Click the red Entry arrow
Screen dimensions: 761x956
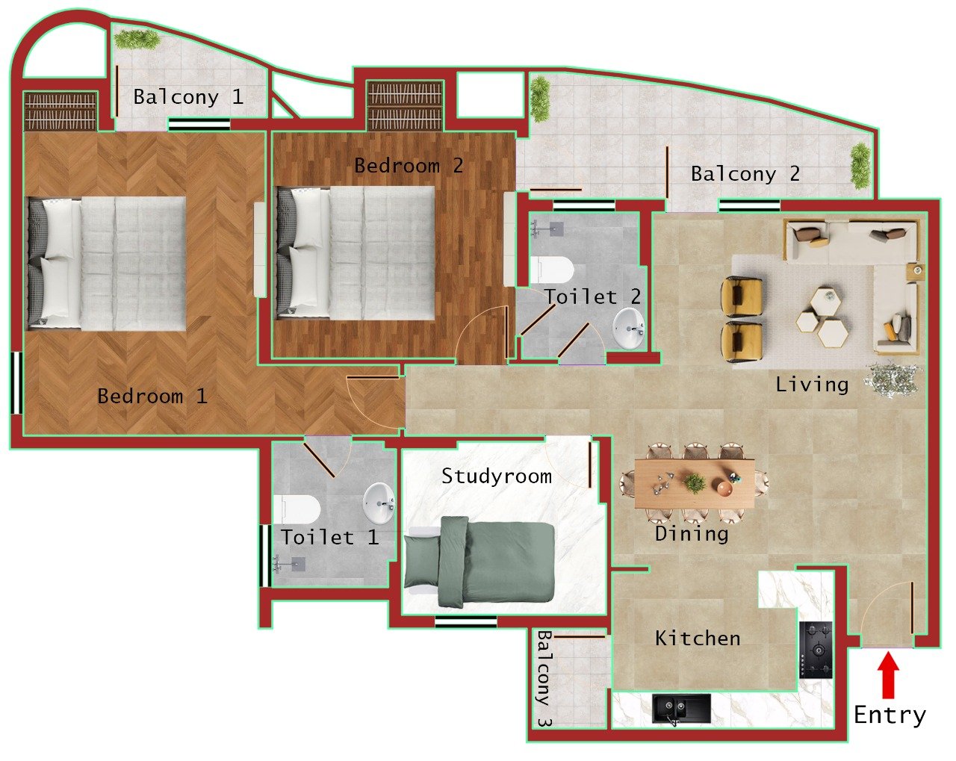pyautogui.click(x=887, y=675)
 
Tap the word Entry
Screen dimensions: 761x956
pyautogui.click(x=890, y=715)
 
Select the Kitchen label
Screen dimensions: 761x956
pyautogui.click(x=698, y=638)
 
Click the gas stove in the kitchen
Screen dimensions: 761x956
pyautogui.click(x=816, y=650)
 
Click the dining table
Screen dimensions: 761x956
pyautogui.click(x=695, y=484)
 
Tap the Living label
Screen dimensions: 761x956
pyautogui.click(x=811, y=385)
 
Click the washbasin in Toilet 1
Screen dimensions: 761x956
pyautogui.click(x=380, y=501)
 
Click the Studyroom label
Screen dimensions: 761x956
pyautogui.click(x=496, y=476)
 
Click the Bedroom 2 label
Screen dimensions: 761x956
pyautogui.click(x=408, y=165)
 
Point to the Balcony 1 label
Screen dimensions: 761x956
pyautogui.click(x=187, y=96)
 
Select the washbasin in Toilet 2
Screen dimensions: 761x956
pyautogui.click(x=629, y=328)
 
